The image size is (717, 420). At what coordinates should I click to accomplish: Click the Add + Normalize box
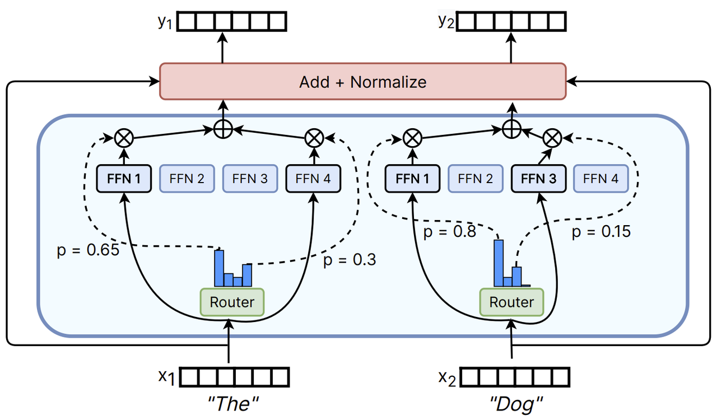click(362, 82)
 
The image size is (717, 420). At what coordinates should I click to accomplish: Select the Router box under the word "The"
click(231, 302)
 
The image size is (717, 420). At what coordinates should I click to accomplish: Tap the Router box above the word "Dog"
click(511, 302)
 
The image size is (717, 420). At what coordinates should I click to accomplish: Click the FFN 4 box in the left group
click(313, 179)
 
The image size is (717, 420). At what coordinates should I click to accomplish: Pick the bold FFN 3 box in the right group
click(538, 179)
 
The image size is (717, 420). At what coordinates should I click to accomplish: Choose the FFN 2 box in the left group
click(188, 179)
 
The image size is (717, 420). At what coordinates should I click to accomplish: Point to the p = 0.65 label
click(88, 250)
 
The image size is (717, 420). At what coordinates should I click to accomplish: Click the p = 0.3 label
click(350, 260)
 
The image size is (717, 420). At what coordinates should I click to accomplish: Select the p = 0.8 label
click(450, 232)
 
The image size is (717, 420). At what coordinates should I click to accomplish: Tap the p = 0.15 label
click(601, 232)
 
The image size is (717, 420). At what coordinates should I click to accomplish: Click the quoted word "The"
click(232, 403)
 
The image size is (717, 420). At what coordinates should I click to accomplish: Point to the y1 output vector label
click(164, 22)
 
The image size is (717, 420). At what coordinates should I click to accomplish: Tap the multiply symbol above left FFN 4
click(313, 137)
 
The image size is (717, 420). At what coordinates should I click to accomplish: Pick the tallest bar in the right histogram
click(499, 263)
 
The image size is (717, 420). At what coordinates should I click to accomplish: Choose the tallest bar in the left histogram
click(219, 268)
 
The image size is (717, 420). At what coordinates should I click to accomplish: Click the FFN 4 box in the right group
click(600, 179)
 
